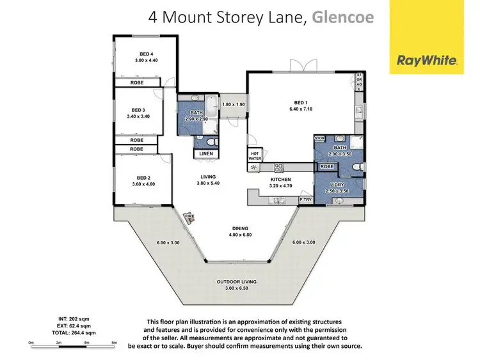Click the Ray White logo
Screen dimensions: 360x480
pos(427,61)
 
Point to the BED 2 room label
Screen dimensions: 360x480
pos(143,178)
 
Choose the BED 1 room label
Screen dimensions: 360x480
pos(301,102)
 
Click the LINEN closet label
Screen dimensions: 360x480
pos(207,154)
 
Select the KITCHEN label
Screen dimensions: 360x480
pos(280,180)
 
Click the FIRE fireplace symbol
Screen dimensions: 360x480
pos(189,217)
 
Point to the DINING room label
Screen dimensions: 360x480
pos(240,228)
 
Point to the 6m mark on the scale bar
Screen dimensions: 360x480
pos(114,343)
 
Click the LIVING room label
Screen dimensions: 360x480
pos(207,176)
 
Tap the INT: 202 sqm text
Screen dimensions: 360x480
pos(70,320)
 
